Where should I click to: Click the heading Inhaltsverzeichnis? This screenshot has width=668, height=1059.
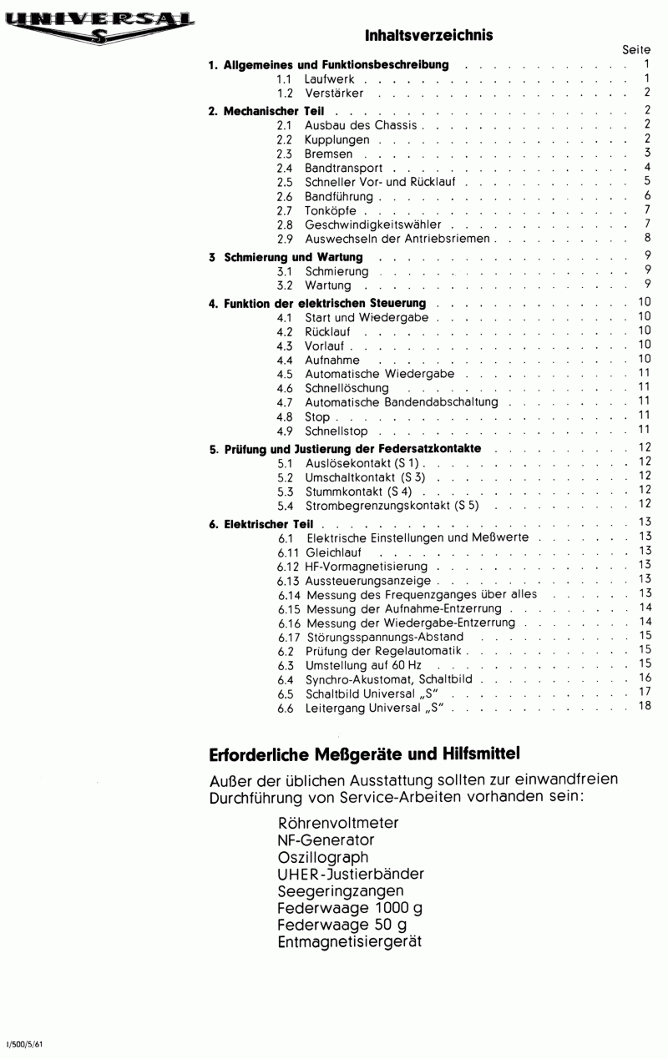(429, 35)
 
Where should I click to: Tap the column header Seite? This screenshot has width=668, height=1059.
(636, 51)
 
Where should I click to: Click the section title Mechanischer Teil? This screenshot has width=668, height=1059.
(274, 111)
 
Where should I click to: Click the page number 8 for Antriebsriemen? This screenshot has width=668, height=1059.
(646, 239)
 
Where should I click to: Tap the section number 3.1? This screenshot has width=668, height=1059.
(284, 271)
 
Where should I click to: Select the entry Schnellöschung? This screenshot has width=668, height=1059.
(347, 388)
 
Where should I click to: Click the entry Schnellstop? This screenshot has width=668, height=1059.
(337, 431)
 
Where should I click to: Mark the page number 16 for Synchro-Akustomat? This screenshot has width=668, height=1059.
(644, 679)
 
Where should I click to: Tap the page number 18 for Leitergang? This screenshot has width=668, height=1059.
(644, 708)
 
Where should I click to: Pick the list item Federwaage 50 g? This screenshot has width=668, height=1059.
(342, 925)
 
